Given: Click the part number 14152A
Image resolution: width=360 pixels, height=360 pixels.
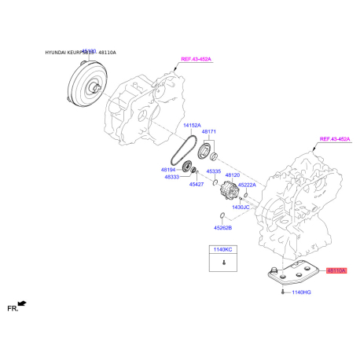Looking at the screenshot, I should (192, 126).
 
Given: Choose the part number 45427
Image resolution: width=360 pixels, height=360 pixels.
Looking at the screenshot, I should (197, 184).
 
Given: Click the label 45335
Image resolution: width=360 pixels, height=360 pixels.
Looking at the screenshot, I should (214, 171).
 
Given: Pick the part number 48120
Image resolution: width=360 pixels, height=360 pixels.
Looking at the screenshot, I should (233, 174).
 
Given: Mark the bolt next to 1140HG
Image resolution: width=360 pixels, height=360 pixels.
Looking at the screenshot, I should (281, 292).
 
